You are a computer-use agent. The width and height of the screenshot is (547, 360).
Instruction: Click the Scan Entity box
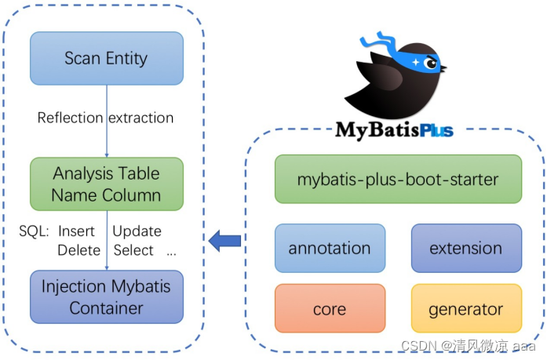pyautogui.click(x=107, y=58)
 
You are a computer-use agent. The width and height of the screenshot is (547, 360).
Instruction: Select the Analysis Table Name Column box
pyautogui.click(x=107, y=184)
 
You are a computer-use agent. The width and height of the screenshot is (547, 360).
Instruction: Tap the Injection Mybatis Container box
pyautogui.click(x=107, y=297)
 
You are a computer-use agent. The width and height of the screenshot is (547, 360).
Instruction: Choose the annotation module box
pyautogui.click(x=330, y=248)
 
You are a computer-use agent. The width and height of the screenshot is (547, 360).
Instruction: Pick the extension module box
pyautogui.click(x=465, y=248)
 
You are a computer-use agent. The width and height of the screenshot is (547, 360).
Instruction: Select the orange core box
pyautogui.click(x=330, y=308)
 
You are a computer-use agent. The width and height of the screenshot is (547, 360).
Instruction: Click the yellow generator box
pyautogui.click(x=465, y=308)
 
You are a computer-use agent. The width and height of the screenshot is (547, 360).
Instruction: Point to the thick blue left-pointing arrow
pyautogui.click(x=225, y=240)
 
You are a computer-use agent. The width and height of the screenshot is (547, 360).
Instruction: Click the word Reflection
pyautogui.click(x=70, y=118)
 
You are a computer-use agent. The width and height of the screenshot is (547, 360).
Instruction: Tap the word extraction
pyautogui.click(x=140, y=118)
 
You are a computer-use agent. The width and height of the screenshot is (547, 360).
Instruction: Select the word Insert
pyautogui.click(x=76, y=231)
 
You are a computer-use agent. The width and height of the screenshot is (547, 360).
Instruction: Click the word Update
pyautogui.click(x=137, y=231)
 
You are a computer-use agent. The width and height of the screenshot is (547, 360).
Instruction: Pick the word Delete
pyautogui.click(x=78, y=250)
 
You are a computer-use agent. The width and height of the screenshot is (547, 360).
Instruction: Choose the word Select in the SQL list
pyautogui.click(x=133, y=250)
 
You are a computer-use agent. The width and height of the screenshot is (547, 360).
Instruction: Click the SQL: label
pyautogui.click(x=35, y=231)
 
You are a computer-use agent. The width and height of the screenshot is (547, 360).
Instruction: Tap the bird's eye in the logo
pyautogui.click(x=429, y=64)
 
